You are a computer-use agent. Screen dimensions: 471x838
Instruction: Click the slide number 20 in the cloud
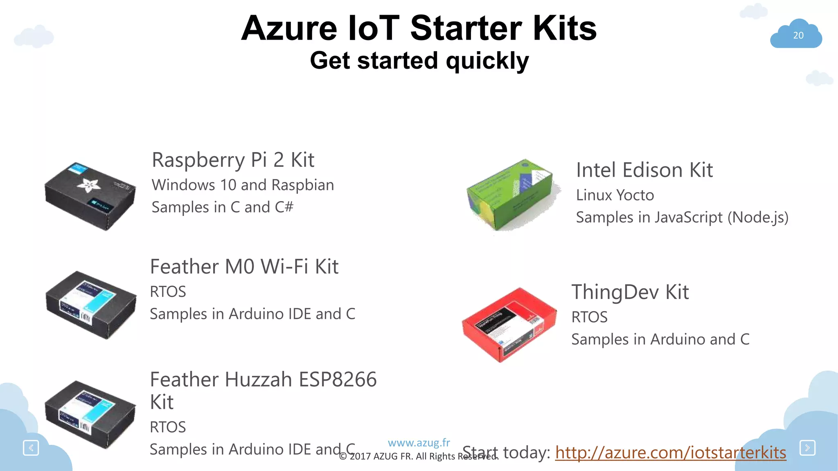[x=798, y=35]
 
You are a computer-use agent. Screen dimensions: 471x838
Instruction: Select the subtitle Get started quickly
[x=419, y=61]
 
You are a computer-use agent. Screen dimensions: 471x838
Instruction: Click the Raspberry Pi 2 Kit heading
[x=233, y=159]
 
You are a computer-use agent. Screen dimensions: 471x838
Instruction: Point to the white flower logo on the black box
[x=89, y=186]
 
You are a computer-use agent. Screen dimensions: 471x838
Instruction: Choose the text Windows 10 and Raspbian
[x=243, y=185]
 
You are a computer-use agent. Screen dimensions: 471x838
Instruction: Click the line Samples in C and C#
[x=223, y=207]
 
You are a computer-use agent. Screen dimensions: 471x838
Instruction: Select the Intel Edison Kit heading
[x=644, y=170]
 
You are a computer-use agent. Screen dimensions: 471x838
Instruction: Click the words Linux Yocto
[x=615, y=195]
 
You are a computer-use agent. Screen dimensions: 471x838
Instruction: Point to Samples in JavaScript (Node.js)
[x=682, y=217]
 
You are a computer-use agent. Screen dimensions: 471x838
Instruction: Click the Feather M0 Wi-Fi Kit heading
[x=244, y=267]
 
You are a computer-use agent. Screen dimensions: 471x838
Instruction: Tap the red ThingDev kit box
[x=509, y=324]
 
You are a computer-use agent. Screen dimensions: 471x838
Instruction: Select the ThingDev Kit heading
[x=630, y=292]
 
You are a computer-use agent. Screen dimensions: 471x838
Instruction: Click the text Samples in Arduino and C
[x=660, y=339]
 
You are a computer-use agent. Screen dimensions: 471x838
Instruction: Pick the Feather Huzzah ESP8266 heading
[x=263, y=379]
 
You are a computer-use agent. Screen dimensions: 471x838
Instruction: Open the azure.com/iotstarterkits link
[x=670, y=453]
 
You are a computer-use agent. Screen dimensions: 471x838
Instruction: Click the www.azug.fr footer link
[x=419, y=442]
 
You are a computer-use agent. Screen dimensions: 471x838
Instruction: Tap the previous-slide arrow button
[x=31, y=448]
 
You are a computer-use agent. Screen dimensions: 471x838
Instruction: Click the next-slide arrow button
[x=807, y=448]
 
